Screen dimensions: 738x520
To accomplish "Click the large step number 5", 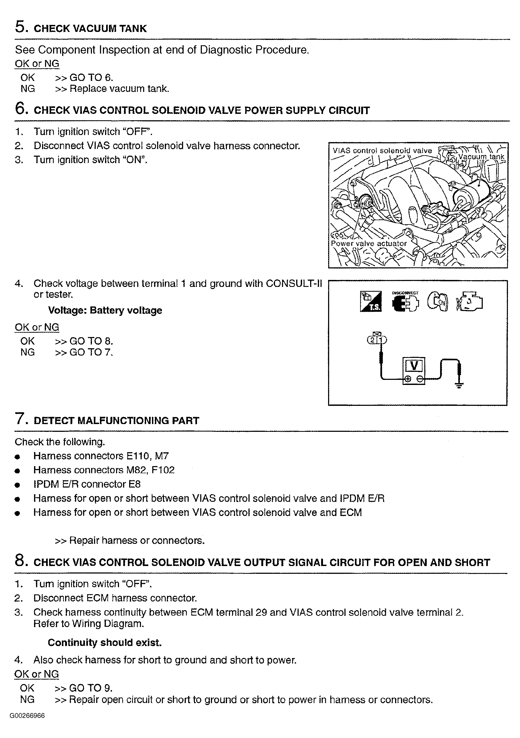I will (20, 26).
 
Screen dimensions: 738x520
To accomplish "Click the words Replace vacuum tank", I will (119, 89).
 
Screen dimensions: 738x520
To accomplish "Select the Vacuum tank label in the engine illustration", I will (481, 157).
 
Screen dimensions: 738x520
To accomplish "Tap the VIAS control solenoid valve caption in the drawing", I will (382, 151).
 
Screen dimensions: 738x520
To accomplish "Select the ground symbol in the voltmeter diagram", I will (459, 385).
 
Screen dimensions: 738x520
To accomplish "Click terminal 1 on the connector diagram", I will (382, 340).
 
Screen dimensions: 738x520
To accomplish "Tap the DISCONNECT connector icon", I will (405, 302).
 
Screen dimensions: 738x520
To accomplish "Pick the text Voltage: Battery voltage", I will (105, 310).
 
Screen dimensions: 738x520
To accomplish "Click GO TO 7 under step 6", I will (91, 352).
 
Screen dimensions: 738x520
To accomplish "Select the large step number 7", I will (20, 418).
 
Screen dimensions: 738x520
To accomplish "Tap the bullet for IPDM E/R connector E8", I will (18, 485).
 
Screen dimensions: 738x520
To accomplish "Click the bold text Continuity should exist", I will (105, 643).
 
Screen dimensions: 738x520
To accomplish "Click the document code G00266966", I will (27, 716).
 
